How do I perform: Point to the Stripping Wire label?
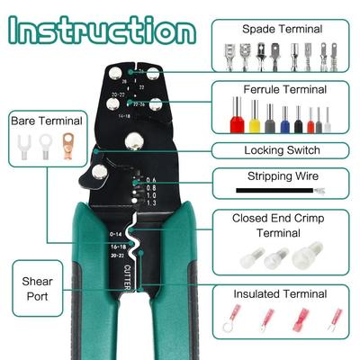click(x=283, y=176)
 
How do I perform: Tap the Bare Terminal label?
click(x=46, y=120)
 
